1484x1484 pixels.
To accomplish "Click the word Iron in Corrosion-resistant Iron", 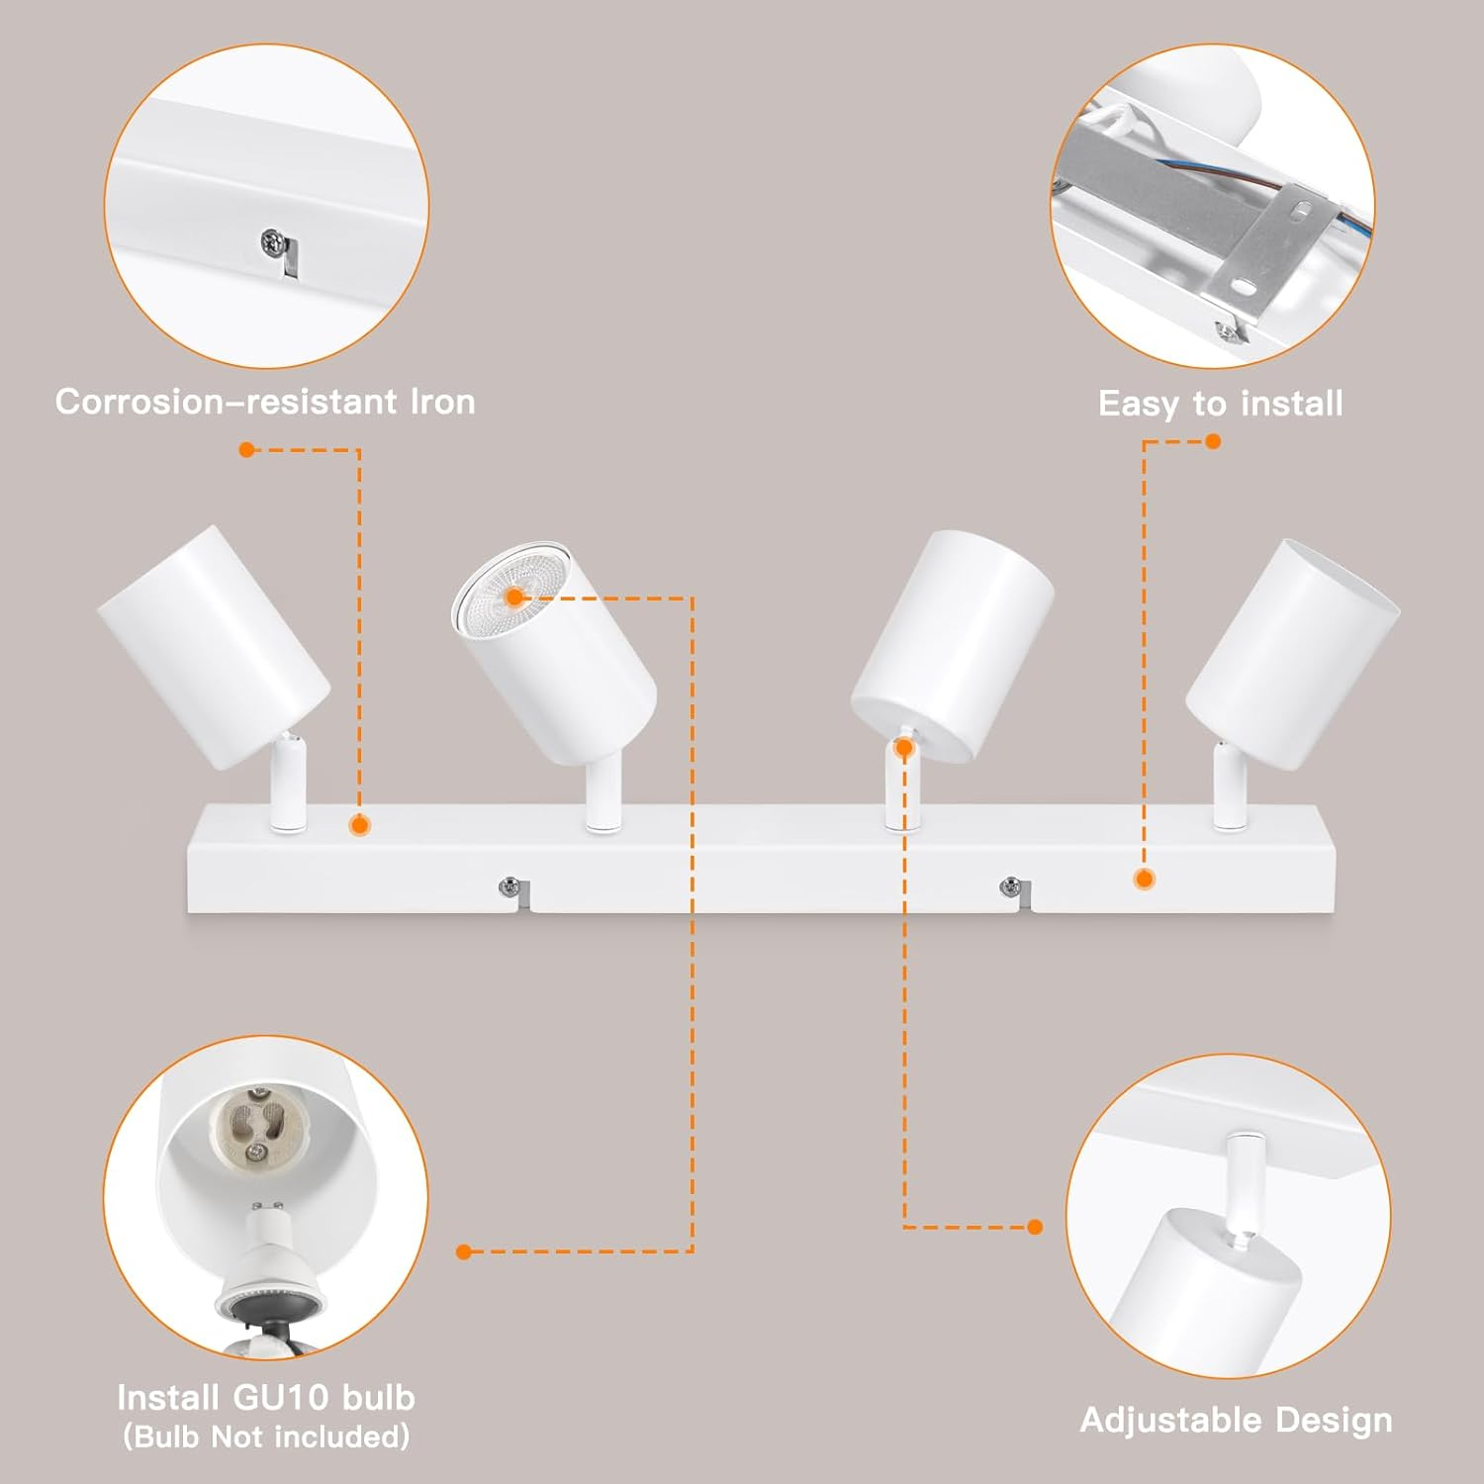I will (442, 402).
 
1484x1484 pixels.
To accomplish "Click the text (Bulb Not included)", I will (266, 1437).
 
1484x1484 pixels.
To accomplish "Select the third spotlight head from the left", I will (952, 644).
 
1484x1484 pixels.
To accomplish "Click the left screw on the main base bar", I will (509, 886).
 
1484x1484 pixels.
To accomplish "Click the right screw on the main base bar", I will (1010, 886).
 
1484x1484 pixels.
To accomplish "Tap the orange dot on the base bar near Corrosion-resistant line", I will (360, 824).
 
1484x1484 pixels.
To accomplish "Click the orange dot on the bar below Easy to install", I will (1145, 879).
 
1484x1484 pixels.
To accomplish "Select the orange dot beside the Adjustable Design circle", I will (1035, 1227).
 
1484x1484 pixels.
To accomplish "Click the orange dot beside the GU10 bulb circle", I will (464, 1252).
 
